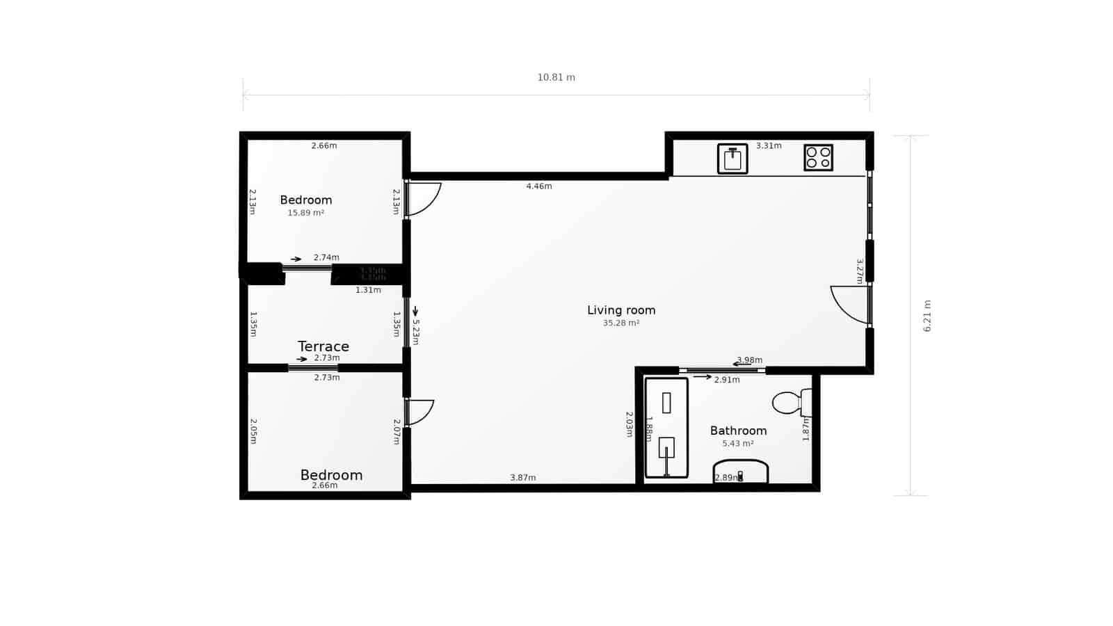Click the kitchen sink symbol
[732, 159]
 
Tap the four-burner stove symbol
[818, 157]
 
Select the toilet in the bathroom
[792, 403]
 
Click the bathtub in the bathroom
[666, 428]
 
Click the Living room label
[621, 310]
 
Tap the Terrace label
[323, 346]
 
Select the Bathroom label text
[738, 431]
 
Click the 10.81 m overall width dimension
[556, 77]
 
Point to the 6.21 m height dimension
[927, 316]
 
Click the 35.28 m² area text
[621, 323]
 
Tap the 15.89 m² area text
[306, 213]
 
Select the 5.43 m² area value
[738, 444]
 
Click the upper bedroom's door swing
[423, 198]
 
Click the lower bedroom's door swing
[419, 412]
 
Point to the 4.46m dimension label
[539, 186]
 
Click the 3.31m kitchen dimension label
[769, 146]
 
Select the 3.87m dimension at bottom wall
[523, 478]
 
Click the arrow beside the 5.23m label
[415, 311]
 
